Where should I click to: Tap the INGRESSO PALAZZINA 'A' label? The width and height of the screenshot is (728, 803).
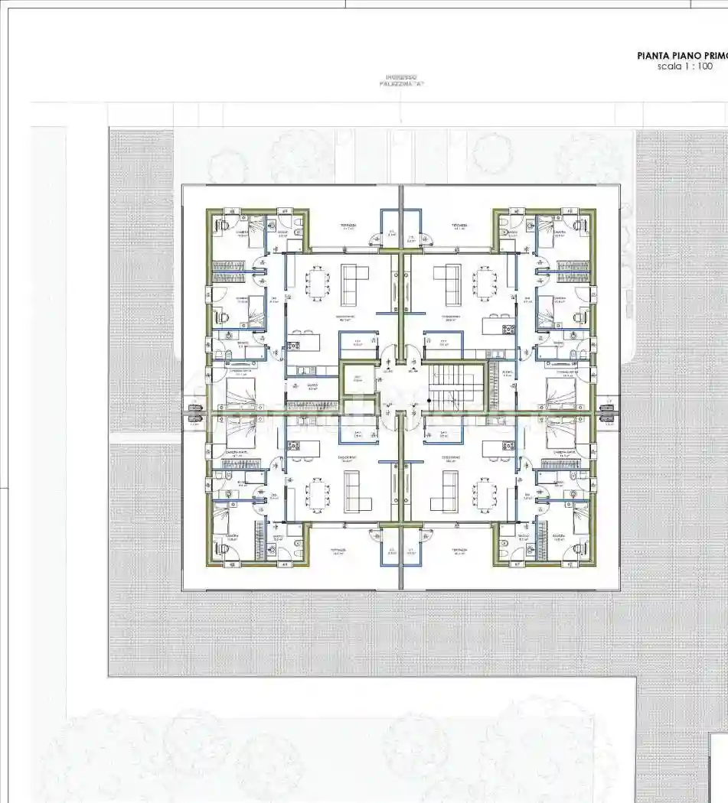(x=401, y=81)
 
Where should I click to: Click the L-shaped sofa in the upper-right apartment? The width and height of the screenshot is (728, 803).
(x=447, y=284)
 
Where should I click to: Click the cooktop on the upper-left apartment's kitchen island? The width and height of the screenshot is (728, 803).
(x=294, y=346)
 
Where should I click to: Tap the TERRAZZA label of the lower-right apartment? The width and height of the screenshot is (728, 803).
(x=459, y=551)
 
